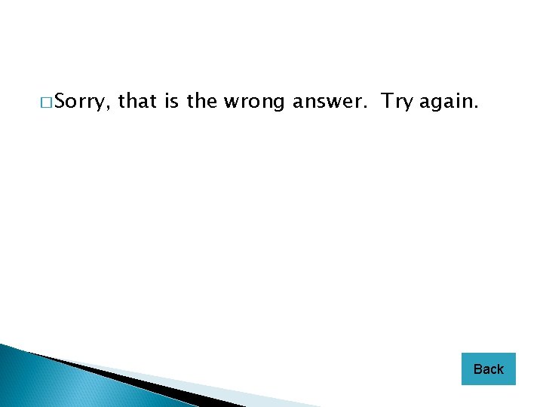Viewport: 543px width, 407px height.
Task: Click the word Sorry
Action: (x=83, y=101)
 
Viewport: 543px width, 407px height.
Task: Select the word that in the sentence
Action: (x=137, y=101)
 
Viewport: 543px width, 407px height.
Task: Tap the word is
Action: (x=171, y=101)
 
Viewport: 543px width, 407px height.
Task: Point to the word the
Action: (x=201, y=101)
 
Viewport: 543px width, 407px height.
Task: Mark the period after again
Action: (x=476, y=107)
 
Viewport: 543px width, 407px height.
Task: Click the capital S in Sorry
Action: (x=60, y=101)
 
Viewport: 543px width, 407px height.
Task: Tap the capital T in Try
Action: (x=387, y=101)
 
